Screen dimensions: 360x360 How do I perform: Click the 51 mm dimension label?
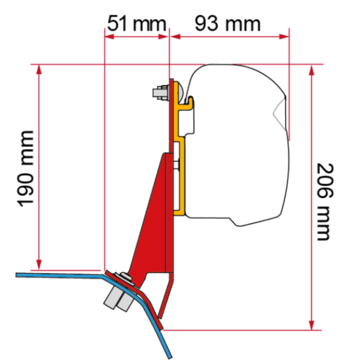(x=137, y=23)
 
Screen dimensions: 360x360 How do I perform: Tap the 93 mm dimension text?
(x=227, y=23)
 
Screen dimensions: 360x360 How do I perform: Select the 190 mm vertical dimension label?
(x=26, y=169)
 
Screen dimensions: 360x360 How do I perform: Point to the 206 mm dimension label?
(x=325, y=202)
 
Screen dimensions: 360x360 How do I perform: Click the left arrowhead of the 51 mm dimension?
(x=109, y=37)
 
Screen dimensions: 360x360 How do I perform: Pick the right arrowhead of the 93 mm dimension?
(x=284, y=37)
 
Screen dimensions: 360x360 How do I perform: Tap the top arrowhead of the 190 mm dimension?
(x=39, y=70)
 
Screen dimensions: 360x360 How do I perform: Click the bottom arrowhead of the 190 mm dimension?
(x=39, y=265)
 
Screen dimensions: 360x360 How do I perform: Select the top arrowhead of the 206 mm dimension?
(x=311, y=70)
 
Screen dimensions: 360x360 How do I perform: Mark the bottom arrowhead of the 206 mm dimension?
(x=311, y=325)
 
